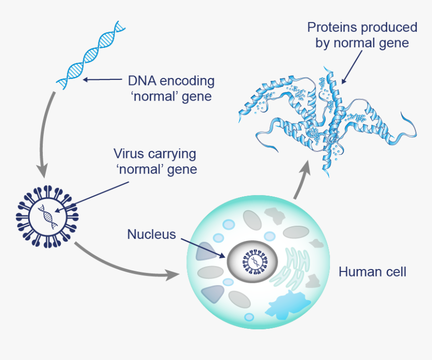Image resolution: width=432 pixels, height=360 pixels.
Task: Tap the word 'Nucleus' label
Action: [x=151, y=234]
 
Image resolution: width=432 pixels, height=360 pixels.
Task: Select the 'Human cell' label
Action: [x=372, y=272]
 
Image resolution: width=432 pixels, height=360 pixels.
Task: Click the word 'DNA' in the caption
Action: [x=142, y=80]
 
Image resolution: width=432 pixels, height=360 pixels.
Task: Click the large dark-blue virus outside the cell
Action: [x=47, y=217]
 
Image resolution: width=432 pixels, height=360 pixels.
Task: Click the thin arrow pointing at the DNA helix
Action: [x=102, y=79]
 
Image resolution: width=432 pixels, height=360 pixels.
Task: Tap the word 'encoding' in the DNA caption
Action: [x=186, y=80]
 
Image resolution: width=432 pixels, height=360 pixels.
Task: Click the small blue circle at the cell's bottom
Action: [x=249, y=317]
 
